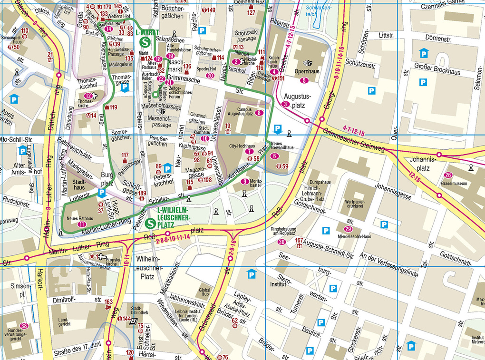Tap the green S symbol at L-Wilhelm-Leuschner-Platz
(151, 222)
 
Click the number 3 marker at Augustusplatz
(285, 104)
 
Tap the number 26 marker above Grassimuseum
(448, 175)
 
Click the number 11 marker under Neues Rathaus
(81, 224)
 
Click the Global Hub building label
(204, 292)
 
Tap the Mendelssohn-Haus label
(355, 236)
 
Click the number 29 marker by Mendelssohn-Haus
(348, 229)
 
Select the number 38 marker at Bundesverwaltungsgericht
(24, 326)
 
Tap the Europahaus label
(320, 182)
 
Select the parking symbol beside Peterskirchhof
(167, 168)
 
